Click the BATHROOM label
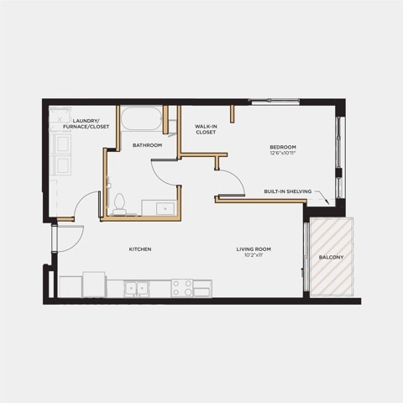point(147,145)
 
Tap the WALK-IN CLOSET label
point(206,129)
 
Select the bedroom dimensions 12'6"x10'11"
point(283,153)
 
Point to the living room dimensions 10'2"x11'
point(254,255)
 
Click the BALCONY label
point(331,257)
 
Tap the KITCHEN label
point(140,249)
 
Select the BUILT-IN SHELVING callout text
point(288,191)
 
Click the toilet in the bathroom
point(120,204)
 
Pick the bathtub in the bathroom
point(142,119)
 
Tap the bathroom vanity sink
point(165,208)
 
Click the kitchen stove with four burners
point(182,288)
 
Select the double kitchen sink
point(137,288)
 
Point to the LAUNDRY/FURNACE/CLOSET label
point(86,123)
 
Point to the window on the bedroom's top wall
point(275,102)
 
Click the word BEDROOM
point(283,147)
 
